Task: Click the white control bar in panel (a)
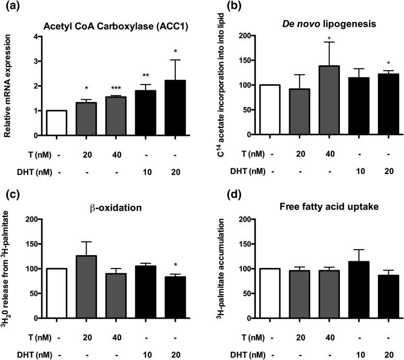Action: click(x=56, y=123)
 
